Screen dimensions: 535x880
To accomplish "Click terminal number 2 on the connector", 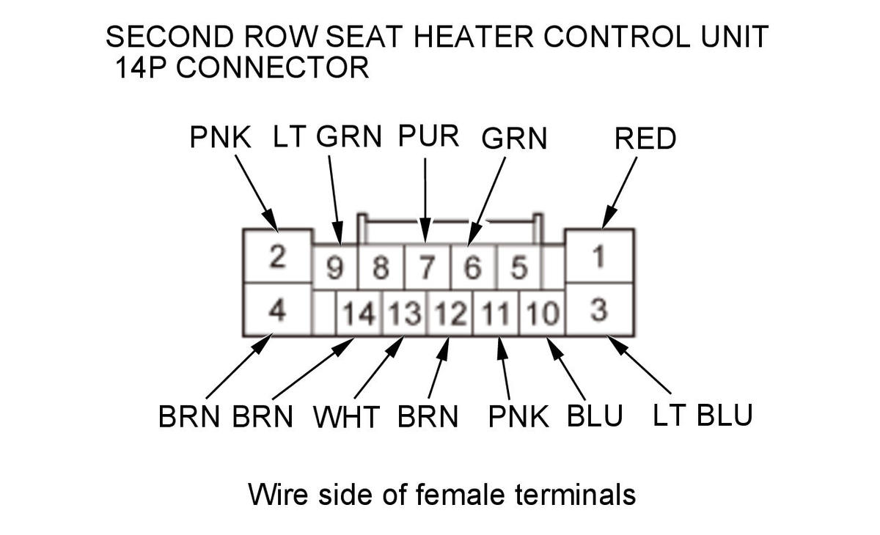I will [277, 257].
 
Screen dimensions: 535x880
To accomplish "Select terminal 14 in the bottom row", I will [359, 314].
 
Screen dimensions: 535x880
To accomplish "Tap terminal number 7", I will [426, 269].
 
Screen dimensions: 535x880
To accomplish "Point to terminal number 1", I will [599, 257].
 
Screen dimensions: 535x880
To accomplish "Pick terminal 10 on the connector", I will [543, 314].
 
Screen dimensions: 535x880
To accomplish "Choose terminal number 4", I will [277, 310].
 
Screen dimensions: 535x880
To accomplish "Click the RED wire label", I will [645, 139].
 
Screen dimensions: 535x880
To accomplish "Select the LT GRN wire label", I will [328, 136].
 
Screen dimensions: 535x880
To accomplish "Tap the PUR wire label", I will [428, 136].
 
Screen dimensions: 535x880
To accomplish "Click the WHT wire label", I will [346, 417].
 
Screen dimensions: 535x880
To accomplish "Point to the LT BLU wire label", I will [703, 416].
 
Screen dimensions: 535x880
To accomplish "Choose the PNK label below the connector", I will [518, 417].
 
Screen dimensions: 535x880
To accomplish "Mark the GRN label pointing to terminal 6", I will [514, 139].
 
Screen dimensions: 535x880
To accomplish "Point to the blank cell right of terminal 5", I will [554, 269].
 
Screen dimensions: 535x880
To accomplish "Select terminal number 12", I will [450, 314].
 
